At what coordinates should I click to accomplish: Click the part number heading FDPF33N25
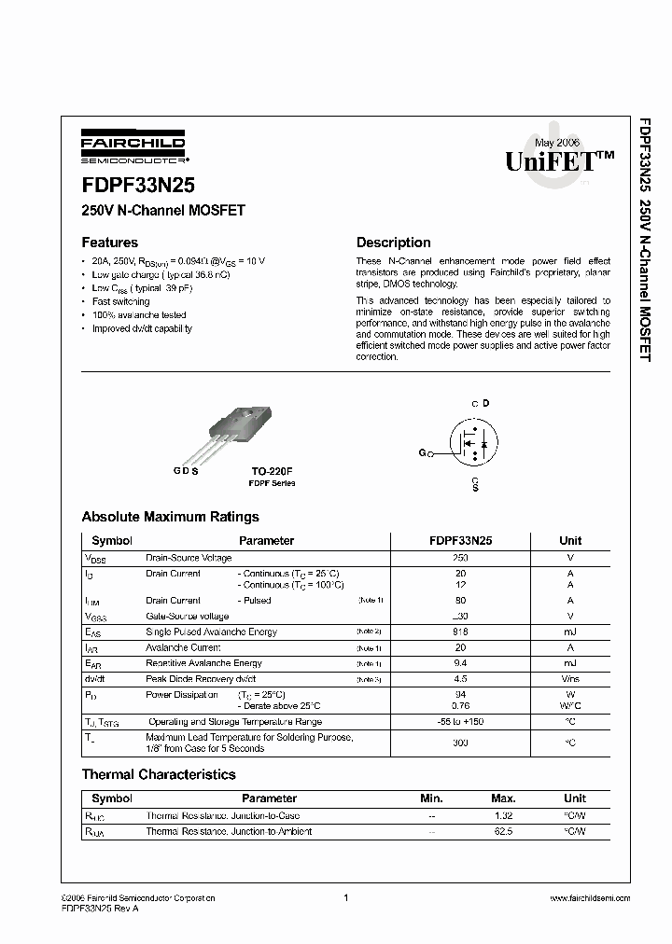138,185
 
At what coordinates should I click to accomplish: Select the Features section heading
109,243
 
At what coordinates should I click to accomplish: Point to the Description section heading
393,243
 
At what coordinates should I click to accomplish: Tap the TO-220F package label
272,472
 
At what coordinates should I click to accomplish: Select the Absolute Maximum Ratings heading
170,517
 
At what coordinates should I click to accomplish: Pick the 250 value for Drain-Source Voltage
460,558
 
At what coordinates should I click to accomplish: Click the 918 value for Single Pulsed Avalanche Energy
460,632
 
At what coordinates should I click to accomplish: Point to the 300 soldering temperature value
460,743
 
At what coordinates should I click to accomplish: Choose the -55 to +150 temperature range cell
460,722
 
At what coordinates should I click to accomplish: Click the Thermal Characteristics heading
159,774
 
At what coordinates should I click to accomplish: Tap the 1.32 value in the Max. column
504,815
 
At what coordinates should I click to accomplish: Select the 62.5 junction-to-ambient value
504,830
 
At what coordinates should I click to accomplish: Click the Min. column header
431,798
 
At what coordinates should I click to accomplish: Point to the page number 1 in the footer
345,897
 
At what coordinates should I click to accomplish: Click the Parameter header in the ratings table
266,540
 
